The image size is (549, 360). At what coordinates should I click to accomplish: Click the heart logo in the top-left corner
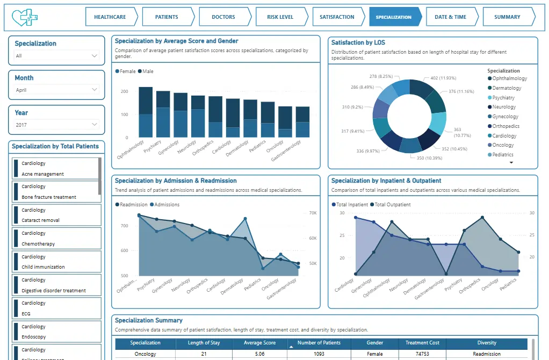pos(25,17)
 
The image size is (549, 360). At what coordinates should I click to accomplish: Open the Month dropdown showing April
pos(56,90)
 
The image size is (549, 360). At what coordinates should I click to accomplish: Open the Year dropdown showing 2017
pos(56,125)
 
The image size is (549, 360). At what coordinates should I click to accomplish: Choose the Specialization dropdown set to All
pos(56,56)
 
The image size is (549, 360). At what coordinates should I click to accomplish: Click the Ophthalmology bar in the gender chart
pos(146,112)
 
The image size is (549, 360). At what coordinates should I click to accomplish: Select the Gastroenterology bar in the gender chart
pos(302,122)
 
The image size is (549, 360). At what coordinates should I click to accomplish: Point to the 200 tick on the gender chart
pos(124,91)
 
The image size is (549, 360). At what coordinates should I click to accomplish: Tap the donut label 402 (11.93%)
pos(443,78)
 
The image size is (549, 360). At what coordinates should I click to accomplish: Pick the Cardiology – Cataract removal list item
pos(57,215)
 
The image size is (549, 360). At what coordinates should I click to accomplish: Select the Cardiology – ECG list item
pos(57,308)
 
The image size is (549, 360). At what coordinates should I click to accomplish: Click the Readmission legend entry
pos(131,205)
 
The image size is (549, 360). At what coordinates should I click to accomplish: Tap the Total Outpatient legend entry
pos(391,205)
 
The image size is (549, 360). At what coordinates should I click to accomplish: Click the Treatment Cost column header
pos(422,343)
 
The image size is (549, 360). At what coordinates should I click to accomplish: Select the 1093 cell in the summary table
pos(319,354)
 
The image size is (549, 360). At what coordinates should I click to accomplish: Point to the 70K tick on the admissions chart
pos(313,213)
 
